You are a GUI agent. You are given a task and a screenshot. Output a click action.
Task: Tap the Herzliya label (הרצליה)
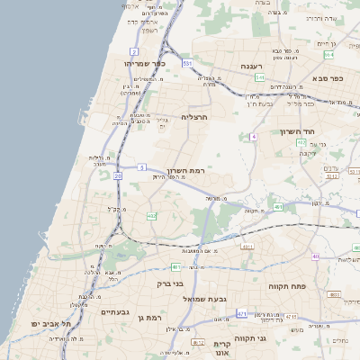pos(194,117)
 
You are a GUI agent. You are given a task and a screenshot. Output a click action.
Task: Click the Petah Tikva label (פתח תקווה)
pos(288,285)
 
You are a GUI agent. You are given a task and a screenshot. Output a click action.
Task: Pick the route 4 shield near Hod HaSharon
pos(255,136)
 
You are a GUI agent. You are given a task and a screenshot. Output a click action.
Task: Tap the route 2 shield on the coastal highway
pos(133,52)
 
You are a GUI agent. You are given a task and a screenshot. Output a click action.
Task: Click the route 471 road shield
pos(241,313)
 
